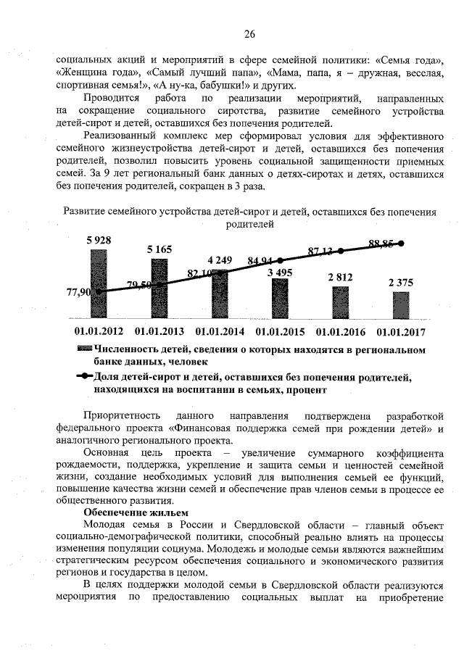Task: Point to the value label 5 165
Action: coord(159,250)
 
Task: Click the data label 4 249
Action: coord(220,260)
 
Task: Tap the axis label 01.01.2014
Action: coord(220,332)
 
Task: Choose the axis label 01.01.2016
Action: coord(340,332)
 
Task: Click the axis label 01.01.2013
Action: coord(159,332)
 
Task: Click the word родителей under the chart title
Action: coord(249,225)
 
